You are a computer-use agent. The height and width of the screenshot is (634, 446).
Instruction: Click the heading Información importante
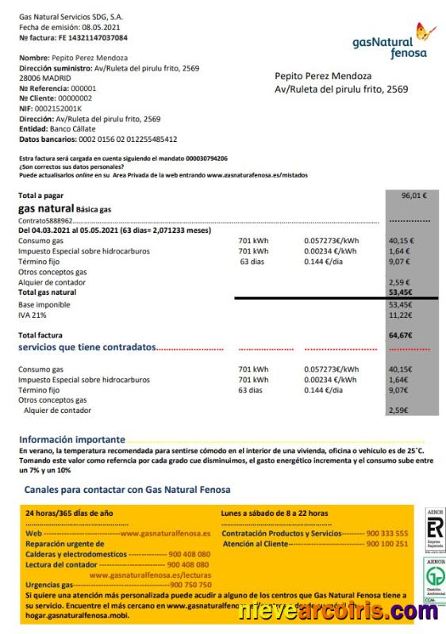71,439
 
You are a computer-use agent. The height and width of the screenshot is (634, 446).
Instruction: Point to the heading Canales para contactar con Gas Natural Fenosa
127,490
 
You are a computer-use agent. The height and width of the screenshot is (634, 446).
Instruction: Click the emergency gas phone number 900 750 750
190,584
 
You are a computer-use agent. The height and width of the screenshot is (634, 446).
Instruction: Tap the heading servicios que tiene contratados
87,347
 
